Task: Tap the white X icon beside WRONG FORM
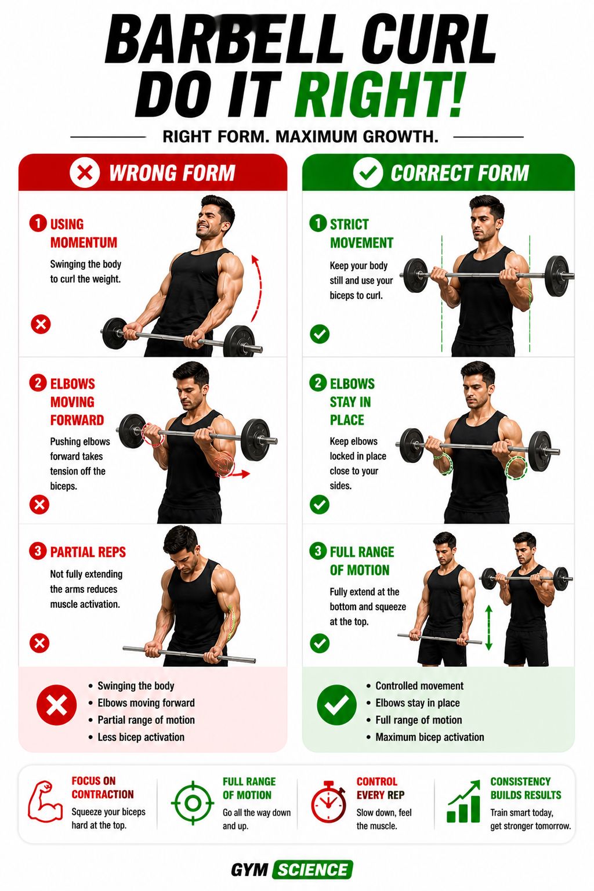84,173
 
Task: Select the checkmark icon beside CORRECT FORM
368,173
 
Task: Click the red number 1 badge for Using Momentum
38,223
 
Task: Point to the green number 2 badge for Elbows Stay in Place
318,383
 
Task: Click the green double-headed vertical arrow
489,628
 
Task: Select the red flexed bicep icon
45,802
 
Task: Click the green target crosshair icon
193,803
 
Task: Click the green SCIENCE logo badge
313,870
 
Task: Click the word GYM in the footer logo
249,870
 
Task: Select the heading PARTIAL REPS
88,552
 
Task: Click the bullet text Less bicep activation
141,737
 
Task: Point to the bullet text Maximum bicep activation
430,737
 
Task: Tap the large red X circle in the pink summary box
56,705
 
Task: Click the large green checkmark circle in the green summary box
336,705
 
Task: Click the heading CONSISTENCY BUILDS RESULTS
526,788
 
